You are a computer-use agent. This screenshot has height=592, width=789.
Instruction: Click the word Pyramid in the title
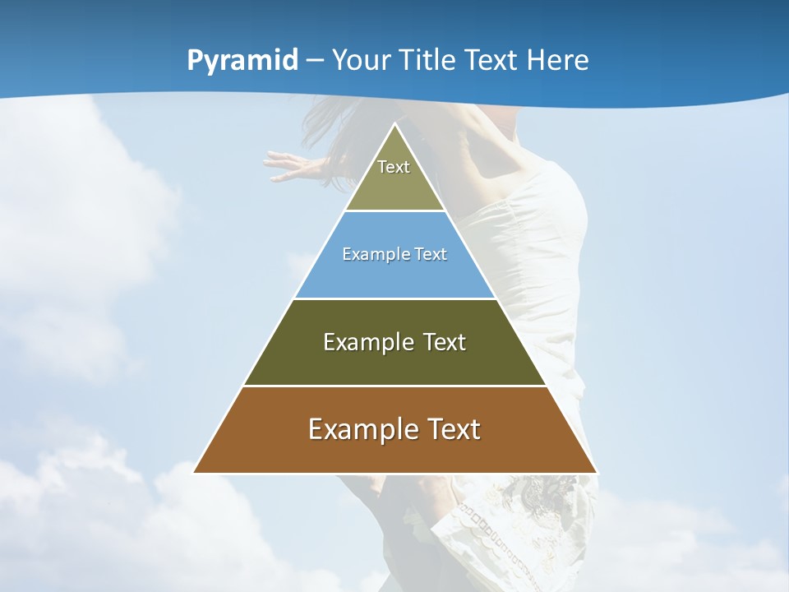tap(242, 61)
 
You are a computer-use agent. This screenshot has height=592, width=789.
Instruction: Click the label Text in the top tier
tap(394, 167)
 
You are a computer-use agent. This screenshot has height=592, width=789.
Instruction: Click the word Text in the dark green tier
tap(445, 342)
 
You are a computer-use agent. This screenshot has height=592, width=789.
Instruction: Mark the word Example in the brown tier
tap(358, 429)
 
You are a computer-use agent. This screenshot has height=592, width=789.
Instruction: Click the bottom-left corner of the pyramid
tap(195, 472)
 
